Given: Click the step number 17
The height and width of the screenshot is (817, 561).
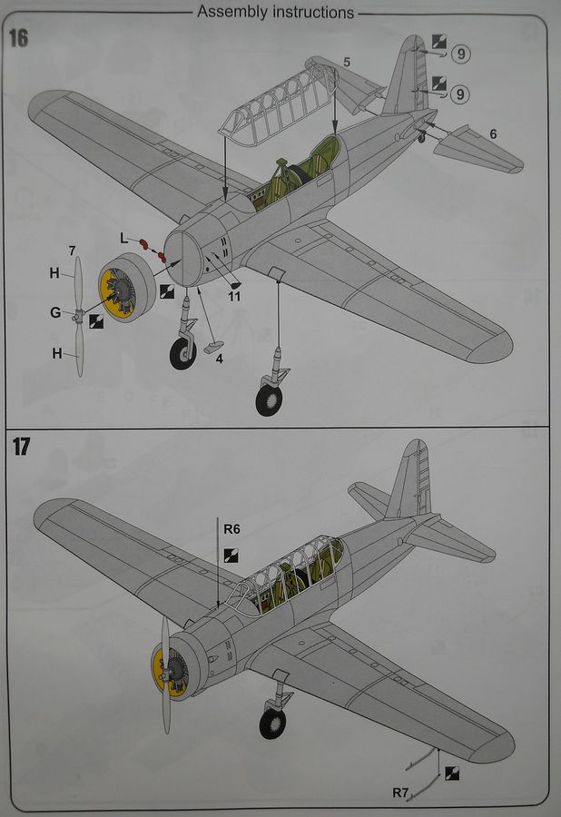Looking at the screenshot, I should pos(21,448).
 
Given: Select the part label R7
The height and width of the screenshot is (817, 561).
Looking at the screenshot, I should pos(403,793).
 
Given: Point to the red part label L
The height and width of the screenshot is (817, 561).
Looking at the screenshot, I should pos(124,237).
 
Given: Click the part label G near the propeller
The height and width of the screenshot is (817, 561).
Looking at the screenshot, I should pos(55,313).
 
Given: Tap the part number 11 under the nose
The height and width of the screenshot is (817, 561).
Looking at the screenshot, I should pos(234,296).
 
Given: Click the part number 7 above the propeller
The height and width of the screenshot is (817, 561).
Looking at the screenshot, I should pos(71,250).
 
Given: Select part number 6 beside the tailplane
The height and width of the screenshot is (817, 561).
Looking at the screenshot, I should pos(493,133).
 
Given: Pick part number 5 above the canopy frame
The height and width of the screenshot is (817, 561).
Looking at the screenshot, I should pos(346,62).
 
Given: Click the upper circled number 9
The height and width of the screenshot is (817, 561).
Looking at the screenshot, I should pos(462,54).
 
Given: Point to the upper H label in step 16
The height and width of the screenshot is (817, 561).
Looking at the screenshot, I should pos(54,272).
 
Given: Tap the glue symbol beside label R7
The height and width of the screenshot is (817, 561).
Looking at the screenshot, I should pos(452,773).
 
